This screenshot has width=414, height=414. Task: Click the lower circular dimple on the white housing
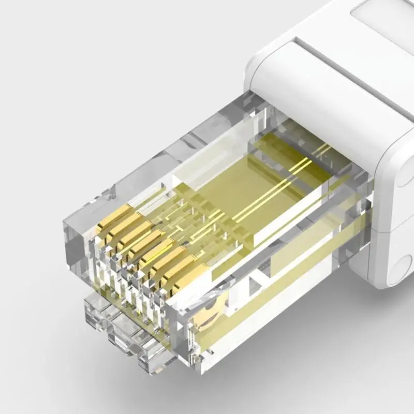(401, 269)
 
